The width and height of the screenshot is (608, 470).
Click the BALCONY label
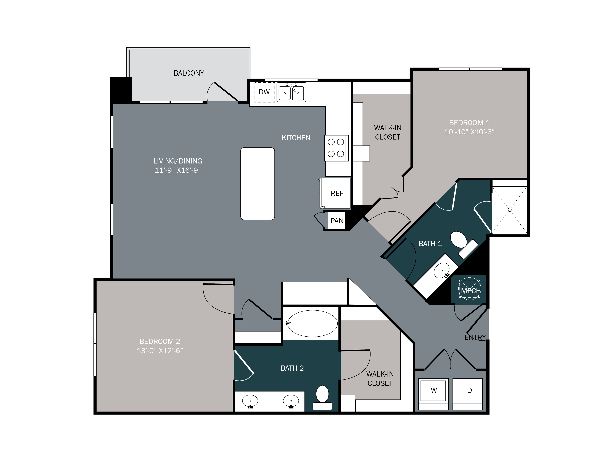click(189, 73)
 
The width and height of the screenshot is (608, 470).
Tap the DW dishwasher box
click(264, 92)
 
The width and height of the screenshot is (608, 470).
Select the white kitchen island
click(258, 184)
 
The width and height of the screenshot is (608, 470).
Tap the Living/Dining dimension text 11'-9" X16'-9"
click(178, 170)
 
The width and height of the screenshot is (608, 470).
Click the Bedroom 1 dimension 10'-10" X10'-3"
click(469, 132)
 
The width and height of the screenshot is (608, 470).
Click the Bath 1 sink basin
click(441, 270)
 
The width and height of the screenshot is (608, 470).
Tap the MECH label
click(471, 291)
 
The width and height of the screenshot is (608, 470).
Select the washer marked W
click(434, 391)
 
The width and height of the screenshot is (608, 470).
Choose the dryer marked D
click(469, 391)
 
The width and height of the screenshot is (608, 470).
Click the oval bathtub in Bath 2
click(312, 323)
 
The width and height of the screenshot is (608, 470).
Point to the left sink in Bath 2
click(250, 401)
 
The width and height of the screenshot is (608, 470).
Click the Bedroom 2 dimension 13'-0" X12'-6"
click(160, 351)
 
